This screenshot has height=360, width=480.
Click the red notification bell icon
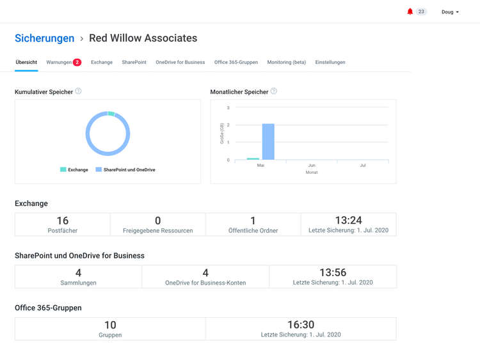[x=410, y=12]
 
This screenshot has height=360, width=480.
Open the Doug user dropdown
[x=450, y=12]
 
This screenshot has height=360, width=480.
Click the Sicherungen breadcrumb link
[x=45, y=38]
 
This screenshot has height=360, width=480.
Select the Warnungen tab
[x=59, y=63]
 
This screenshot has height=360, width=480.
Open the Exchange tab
[x=102, y=63]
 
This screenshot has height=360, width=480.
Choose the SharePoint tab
[x=134, y=63]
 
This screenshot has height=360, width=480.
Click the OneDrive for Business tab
[x=180, y=63]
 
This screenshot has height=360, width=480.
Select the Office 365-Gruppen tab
[x=236, y=63]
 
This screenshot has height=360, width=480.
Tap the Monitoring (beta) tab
[x=287, y=63]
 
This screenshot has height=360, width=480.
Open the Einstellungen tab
[x=330, y=63]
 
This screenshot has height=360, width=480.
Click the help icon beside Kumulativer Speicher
[x=78, y=91]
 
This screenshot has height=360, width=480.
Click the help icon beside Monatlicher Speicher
[x=274, y=91]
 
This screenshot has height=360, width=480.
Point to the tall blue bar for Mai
[x=268, y=142]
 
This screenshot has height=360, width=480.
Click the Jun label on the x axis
[x=312, y=166]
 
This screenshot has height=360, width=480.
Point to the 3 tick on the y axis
[x=228, y=108]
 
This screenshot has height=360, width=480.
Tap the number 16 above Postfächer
[x=63, y=221]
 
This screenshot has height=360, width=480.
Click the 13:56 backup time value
[x=333, y=273]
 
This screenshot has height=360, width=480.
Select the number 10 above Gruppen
[x=110, y=325]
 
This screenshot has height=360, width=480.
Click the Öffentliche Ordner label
[x=253, y=231]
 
